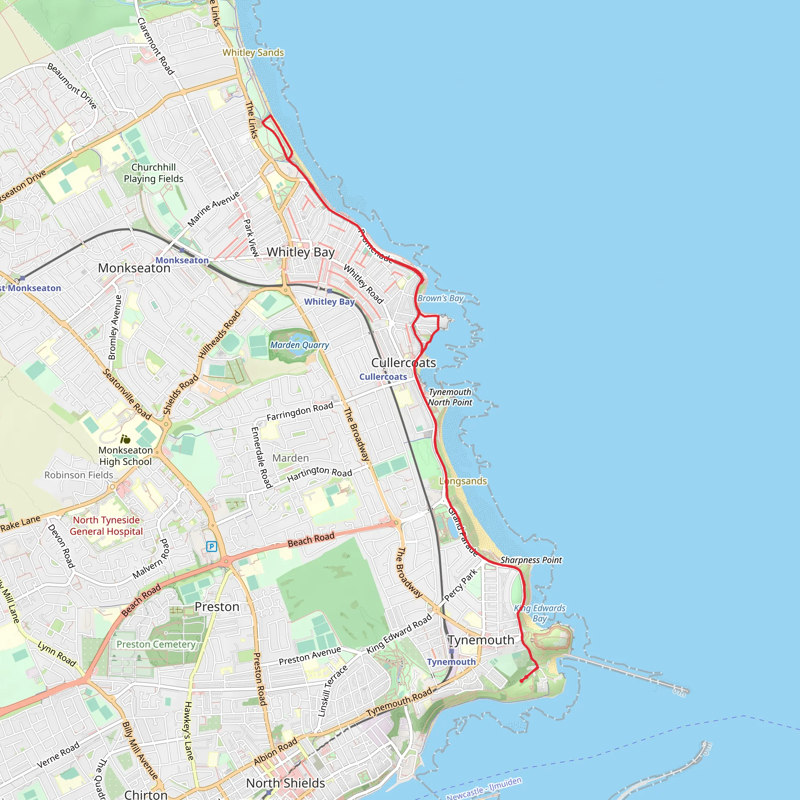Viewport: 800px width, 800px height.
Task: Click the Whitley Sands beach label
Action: (x=253, y=53)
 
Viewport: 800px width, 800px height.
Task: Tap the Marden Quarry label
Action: (x=299, y=345)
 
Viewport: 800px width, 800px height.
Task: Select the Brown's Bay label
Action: (x=440, y=298)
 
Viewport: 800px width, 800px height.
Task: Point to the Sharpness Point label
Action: (x=531, y=560)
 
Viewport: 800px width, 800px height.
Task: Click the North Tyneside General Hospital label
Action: (x=106, y=525)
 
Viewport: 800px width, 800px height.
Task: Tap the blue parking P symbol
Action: (x=212, y=546)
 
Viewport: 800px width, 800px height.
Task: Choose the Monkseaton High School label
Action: (x=125, y=455)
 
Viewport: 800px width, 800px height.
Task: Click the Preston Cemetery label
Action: (x=156, y=644)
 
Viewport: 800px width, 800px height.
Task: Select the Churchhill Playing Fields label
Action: (x=154, y=173)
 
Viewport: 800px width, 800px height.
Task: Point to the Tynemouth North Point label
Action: (x=450, y=397)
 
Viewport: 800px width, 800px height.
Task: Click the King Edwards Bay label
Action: (x=539, y=613)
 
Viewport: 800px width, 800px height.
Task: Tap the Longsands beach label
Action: (x=463, y=481)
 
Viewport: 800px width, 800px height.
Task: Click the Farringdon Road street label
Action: (x=300, y=412)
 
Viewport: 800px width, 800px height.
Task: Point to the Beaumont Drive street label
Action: (x=72, y=86)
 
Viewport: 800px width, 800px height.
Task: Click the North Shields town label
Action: (x=285, y=783)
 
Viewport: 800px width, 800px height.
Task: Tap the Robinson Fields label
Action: (x=79, y=475)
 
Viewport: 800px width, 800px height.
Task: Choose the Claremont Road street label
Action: (x=156, y=46)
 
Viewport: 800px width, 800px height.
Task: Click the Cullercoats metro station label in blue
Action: (x=383, y=377)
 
